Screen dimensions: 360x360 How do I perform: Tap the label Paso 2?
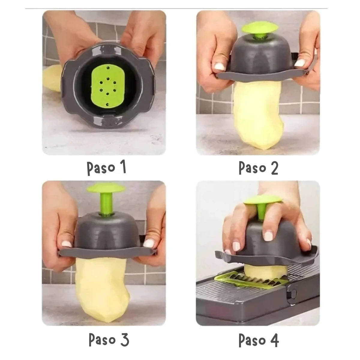click(x=258, y=168)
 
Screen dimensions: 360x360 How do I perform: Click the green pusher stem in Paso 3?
click(x=106, y=204)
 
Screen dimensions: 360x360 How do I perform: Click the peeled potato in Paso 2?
click(x=258, y=115)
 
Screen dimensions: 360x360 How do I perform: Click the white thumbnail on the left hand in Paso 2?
click(x=219, y=66)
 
